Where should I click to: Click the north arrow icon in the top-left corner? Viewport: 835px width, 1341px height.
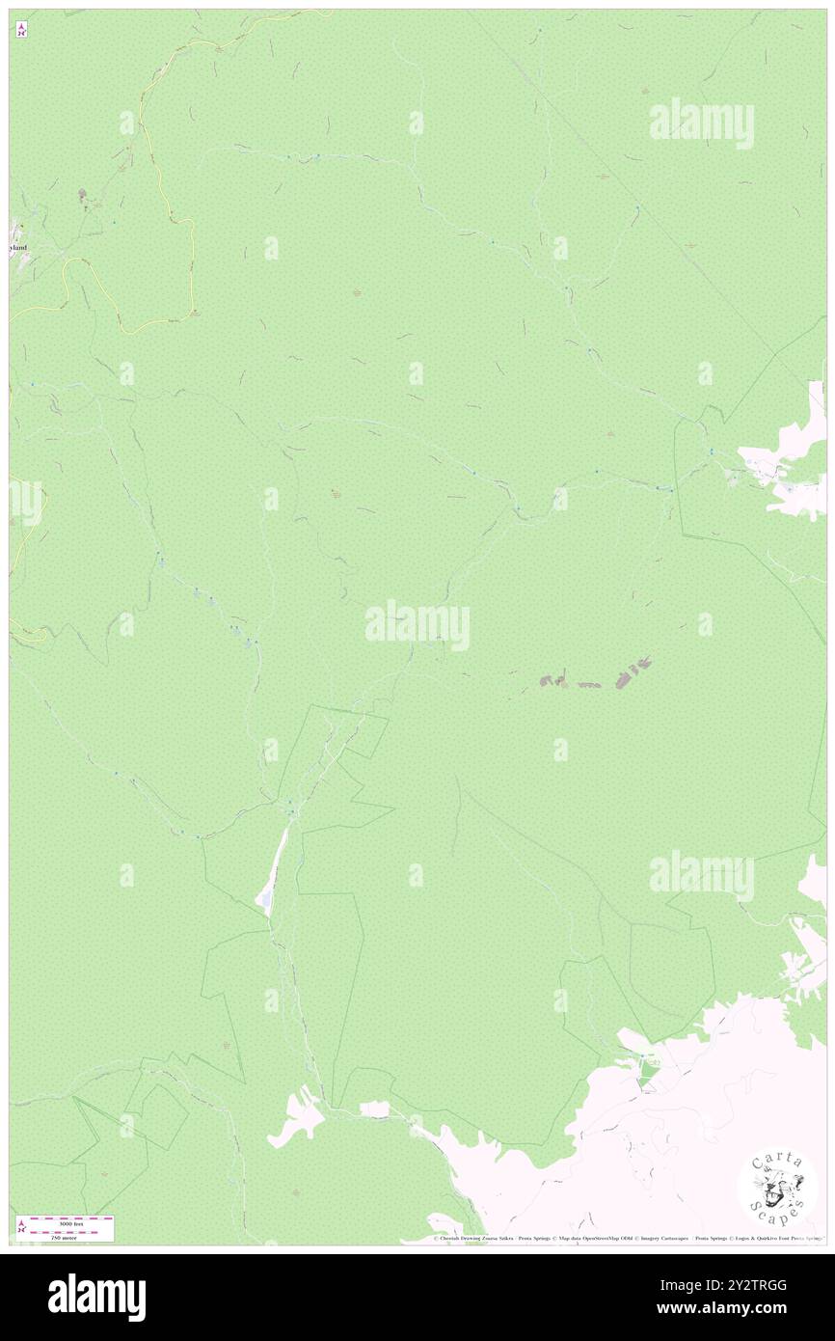pyautogui.click(x=21, y=28)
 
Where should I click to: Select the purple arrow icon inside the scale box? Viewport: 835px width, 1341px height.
pyautogui.click(x=22, y=1226)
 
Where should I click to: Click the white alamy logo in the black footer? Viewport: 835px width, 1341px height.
pyautogui.click(x=96, y=1297)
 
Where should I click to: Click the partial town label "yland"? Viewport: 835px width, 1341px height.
pyautogui.click(x=18, y=248)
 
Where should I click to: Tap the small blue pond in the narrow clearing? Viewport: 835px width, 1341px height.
pyautogui.click(x=263, y=901)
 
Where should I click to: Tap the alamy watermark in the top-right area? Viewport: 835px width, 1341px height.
pyautogui.click(x=701, y=122)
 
